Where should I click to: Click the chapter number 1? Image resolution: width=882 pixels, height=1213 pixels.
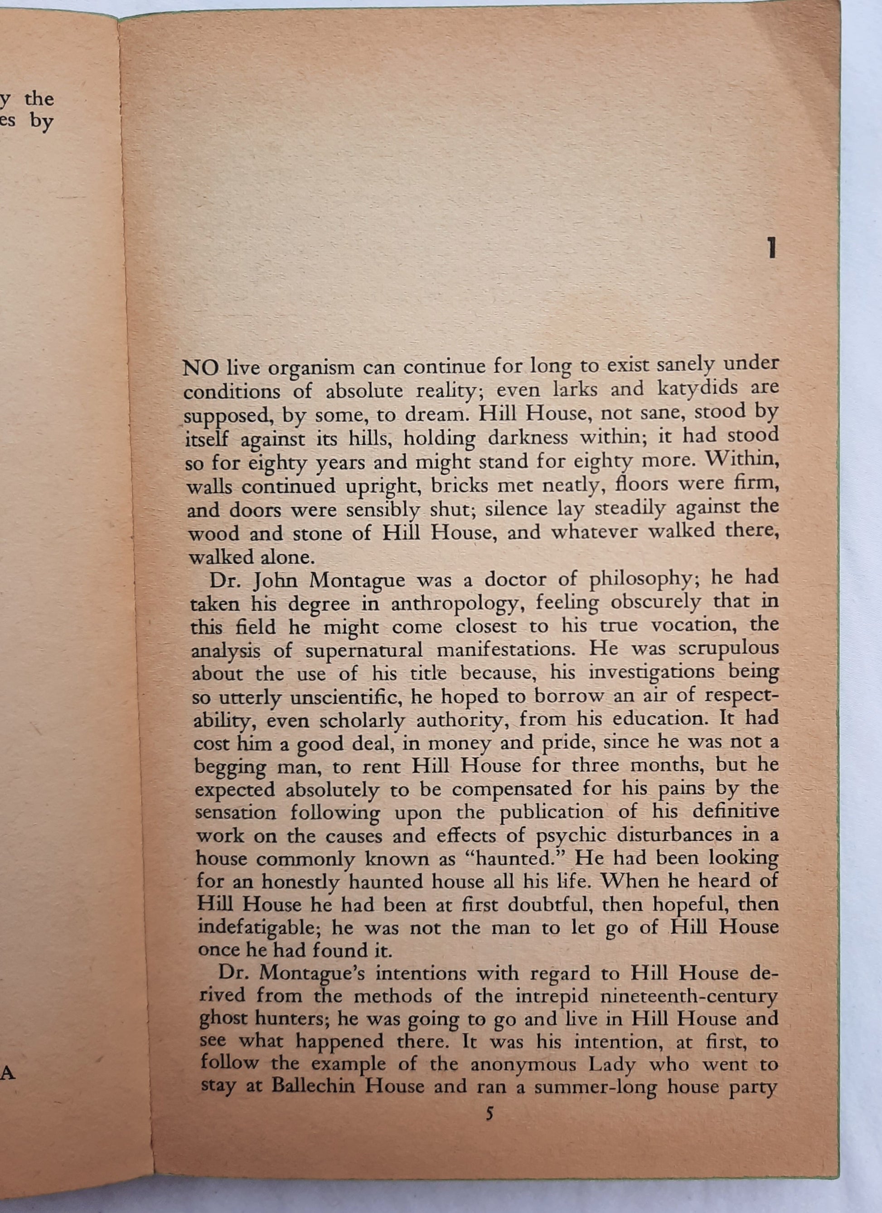coord(771,249)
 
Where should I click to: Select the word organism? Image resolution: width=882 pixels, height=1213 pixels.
coord(303,369)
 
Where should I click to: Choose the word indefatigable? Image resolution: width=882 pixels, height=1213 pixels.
coord(259,928)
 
